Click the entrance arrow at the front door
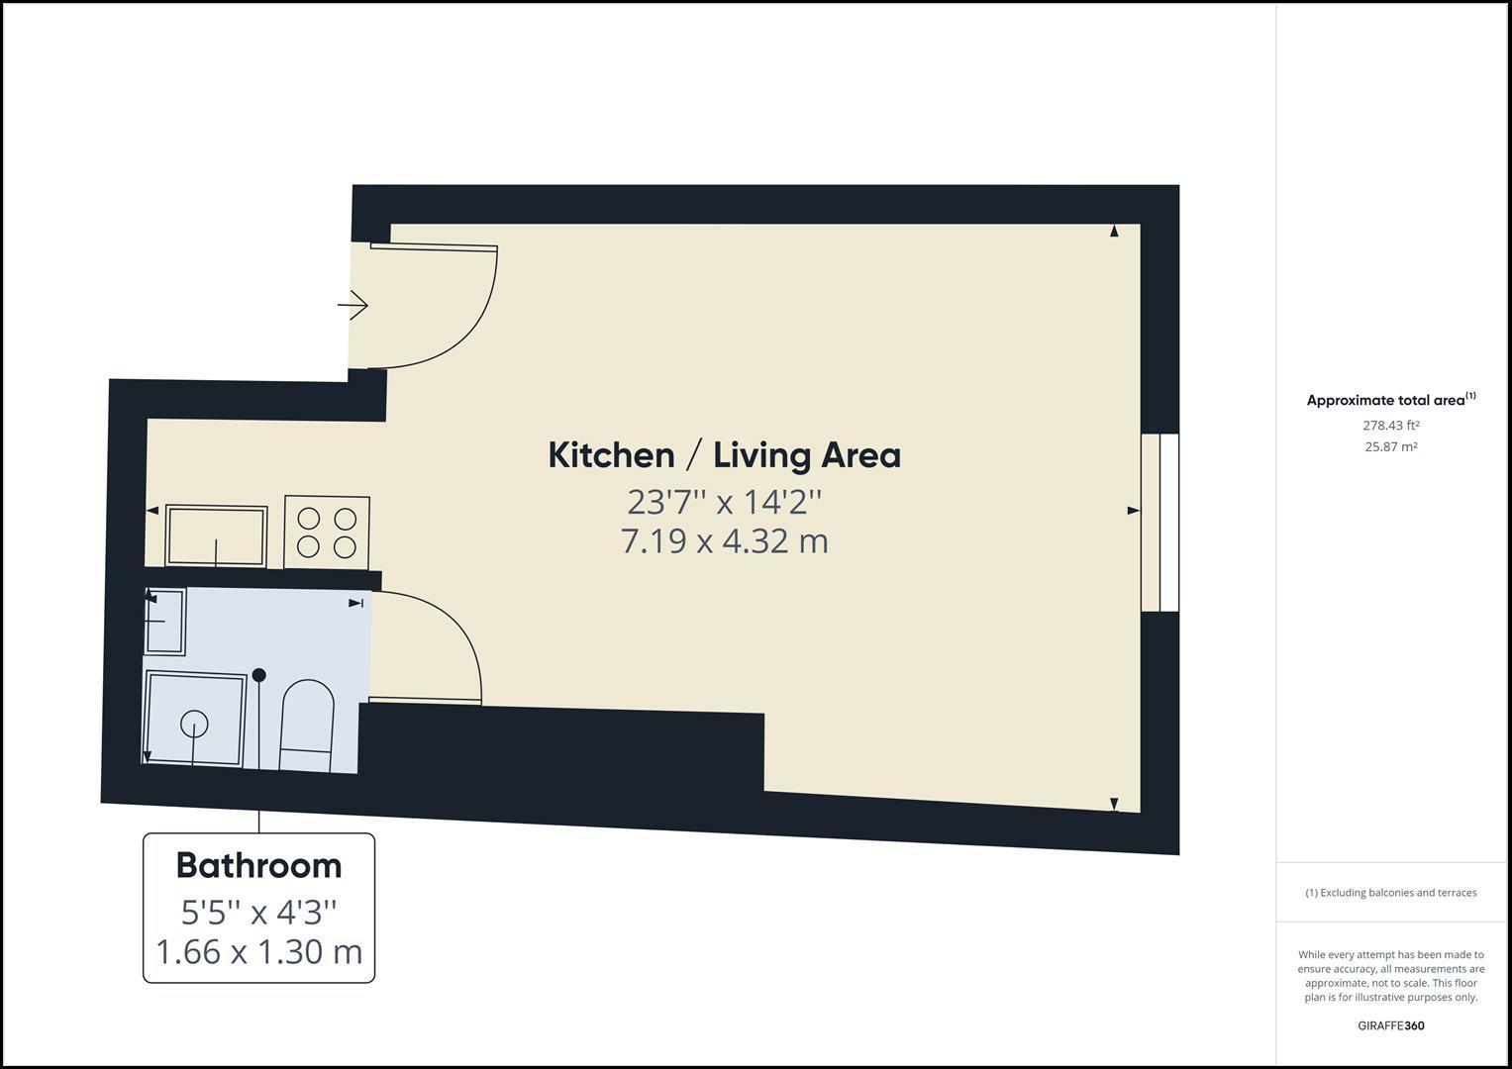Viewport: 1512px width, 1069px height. coord(353,305)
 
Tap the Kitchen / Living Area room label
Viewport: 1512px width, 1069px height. coord(724,455)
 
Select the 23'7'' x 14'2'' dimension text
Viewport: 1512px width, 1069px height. coord(724,502)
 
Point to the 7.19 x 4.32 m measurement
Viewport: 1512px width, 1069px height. coord(724,541)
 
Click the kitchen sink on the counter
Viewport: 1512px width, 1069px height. coord(216,535)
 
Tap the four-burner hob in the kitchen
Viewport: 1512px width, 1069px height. coord(327,533)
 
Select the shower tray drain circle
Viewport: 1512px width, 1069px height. coord(194,725)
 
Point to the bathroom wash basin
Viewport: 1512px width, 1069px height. coord(165,621)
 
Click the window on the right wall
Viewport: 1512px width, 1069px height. coord(1159,522)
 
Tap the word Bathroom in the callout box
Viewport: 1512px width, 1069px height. coord(258,865)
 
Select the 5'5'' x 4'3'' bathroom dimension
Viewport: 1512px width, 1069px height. coord(258,910)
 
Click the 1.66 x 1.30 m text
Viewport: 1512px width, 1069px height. coord(258,952)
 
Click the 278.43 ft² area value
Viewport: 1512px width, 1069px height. coord(1390,426)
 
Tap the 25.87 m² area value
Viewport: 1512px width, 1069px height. coord(1390,446)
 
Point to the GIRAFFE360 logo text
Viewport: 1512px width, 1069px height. coord(1390,1025)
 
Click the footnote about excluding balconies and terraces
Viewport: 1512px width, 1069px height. coord(1390,893)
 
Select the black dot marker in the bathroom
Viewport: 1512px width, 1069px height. coord(259,675)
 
